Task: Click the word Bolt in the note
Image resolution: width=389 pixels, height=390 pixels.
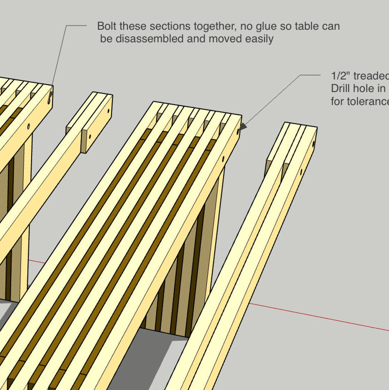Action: click(x=107, y=26)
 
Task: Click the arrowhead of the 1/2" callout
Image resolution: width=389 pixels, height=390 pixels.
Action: click(x=242, y=127)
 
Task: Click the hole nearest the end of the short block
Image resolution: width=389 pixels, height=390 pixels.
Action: click(x=109, y=111)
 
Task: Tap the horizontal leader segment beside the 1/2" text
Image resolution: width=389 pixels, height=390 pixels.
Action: click(x=310, y=75)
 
